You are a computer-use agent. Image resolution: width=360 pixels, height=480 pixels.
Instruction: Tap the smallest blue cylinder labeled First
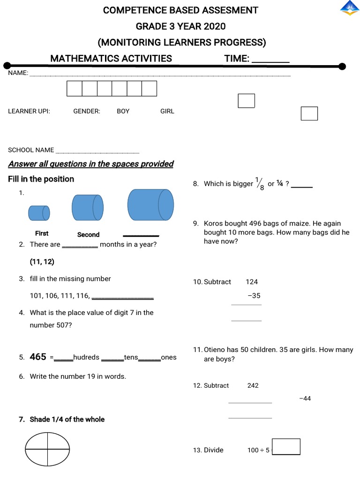39,213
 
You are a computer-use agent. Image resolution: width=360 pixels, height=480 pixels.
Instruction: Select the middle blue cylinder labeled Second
88,207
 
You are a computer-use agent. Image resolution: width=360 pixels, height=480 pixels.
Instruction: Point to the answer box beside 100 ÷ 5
286,447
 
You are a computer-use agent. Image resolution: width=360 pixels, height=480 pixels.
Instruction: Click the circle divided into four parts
47,449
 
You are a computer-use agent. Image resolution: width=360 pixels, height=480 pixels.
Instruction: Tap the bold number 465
38,357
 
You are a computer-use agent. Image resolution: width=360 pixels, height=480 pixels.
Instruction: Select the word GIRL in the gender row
167,111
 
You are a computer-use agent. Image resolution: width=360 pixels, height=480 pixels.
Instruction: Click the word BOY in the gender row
123,111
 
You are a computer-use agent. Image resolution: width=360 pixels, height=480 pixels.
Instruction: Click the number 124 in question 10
252,282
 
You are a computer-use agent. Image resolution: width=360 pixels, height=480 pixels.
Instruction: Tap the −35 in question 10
254,296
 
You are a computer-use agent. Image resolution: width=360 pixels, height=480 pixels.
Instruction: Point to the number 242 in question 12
253,385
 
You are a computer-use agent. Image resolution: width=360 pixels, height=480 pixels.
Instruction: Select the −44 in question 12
305,398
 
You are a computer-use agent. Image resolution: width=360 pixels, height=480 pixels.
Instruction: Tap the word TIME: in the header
237,59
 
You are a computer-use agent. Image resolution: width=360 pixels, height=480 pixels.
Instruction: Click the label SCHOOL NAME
31,150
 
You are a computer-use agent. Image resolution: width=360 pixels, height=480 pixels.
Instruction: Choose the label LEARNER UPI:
29,111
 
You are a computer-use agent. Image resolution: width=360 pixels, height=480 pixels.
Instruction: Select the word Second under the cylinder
89,234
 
